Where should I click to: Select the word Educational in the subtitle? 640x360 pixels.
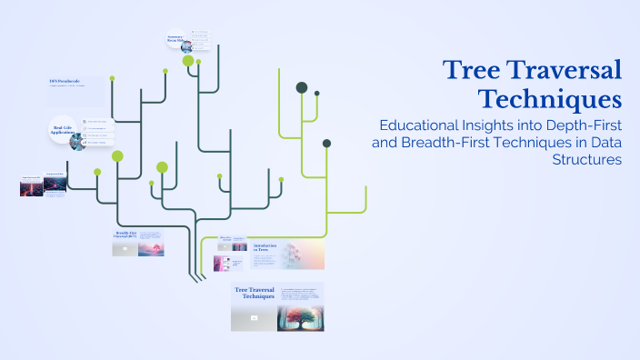[x=423, y=125]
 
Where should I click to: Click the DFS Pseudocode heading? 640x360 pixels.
[x=65, y=82]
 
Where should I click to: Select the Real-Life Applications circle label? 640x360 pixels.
[x=62, y=130]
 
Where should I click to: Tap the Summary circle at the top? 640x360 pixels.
[x=177, y=39]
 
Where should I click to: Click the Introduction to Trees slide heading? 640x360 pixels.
[x=265, y=247]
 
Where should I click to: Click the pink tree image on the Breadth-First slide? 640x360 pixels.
[x=151, y=247]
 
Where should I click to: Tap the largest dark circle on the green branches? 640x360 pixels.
[x=302, y=87]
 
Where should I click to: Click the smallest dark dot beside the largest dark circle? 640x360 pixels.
[x=317, y=93]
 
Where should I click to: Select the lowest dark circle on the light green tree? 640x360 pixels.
[x=326, y=143]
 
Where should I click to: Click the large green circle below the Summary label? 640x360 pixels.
[x=188, y=61]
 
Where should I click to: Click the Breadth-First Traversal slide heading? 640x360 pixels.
[x=125, y=235]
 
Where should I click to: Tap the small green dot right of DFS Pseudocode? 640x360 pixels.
[x=112, y=78]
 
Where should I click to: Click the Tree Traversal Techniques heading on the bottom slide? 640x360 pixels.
[x=255, y=293]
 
